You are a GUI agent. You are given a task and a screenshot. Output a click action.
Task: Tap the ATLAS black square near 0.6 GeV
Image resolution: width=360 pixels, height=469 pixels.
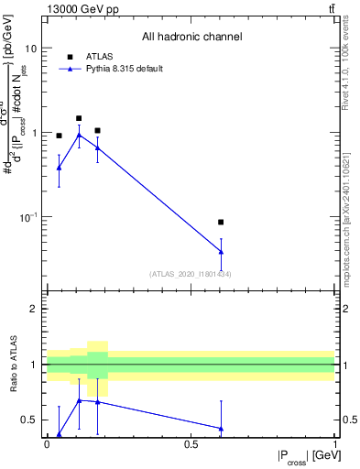pyautogui.click(x=220, y=222)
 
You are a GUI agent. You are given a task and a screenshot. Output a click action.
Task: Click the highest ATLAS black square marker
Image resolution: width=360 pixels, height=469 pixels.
pyautogui.click(x=79, y=118)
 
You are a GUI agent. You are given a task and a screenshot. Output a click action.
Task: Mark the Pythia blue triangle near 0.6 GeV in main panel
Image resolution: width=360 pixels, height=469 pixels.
pyautogui.click(x=220, y=252)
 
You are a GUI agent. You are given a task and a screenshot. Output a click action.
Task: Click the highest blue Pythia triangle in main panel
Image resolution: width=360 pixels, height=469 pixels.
pyautogui.click(x=79, y=135)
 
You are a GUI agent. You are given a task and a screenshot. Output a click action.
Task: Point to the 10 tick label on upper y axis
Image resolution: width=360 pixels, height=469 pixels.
pyautogui.click(x=30, y=48)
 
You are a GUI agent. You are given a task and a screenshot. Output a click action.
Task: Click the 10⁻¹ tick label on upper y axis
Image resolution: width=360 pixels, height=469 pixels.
pyautogui.click(x=27, y=216)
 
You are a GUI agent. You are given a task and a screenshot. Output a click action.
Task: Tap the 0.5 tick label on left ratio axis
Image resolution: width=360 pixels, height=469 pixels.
pyautogui.click(x=28, y=420)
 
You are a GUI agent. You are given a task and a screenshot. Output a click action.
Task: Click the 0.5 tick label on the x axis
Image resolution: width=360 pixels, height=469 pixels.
pyautogui.click(x=191, y=444)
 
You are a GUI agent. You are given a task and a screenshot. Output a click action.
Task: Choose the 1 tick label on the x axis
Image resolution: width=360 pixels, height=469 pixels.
pyautogui.click(x=334, y=444)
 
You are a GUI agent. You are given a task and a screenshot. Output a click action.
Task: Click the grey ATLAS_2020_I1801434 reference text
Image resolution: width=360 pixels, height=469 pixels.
pyautogui.click(x=191, y=274)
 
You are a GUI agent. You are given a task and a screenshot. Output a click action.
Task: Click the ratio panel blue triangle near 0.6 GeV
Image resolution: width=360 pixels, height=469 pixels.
pyautogui.click(x=220, y=428)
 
